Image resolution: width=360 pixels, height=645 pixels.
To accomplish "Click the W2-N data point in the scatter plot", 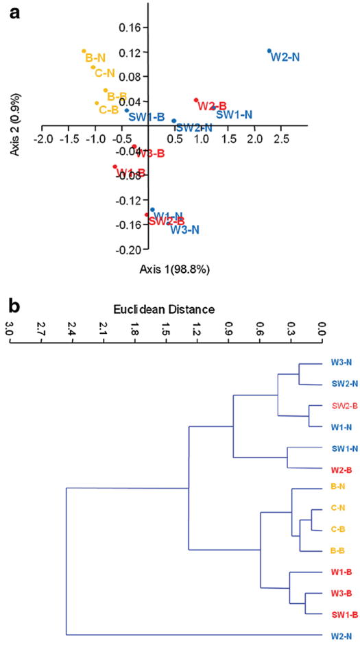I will tap(269, 51).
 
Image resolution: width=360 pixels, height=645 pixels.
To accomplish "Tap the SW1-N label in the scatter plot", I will tap(234, 114).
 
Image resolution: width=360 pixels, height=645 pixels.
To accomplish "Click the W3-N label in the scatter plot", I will tap(185, 230).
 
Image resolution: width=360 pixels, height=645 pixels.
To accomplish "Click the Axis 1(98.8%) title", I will tap(174, 269).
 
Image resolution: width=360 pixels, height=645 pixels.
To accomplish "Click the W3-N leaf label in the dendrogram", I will tap(334, 363).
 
